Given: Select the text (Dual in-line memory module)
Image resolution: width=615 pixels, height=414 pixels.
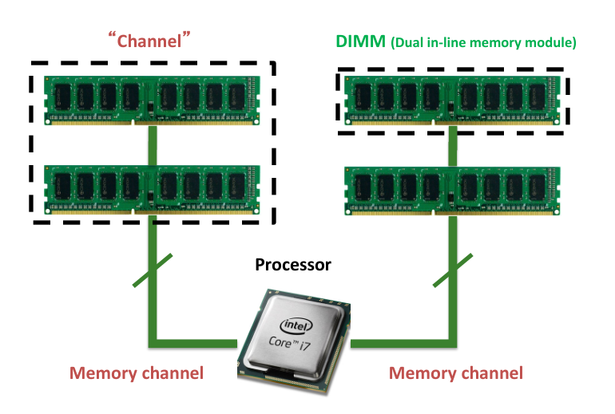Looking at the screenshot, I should pyautogui.click(x=482, y=42).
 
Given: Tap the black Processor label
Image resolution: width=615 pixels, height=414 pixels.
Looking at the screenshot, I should pyautogui.click(x=292, y=265).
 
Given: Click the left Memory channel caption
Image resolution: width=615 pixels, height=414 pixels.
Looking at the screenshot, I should pyautogui.click(x=137, y=373).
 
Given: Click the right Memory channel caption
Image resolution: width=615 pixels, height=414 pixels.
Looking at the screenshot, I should pyautogui.click(x=456, y=373).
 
